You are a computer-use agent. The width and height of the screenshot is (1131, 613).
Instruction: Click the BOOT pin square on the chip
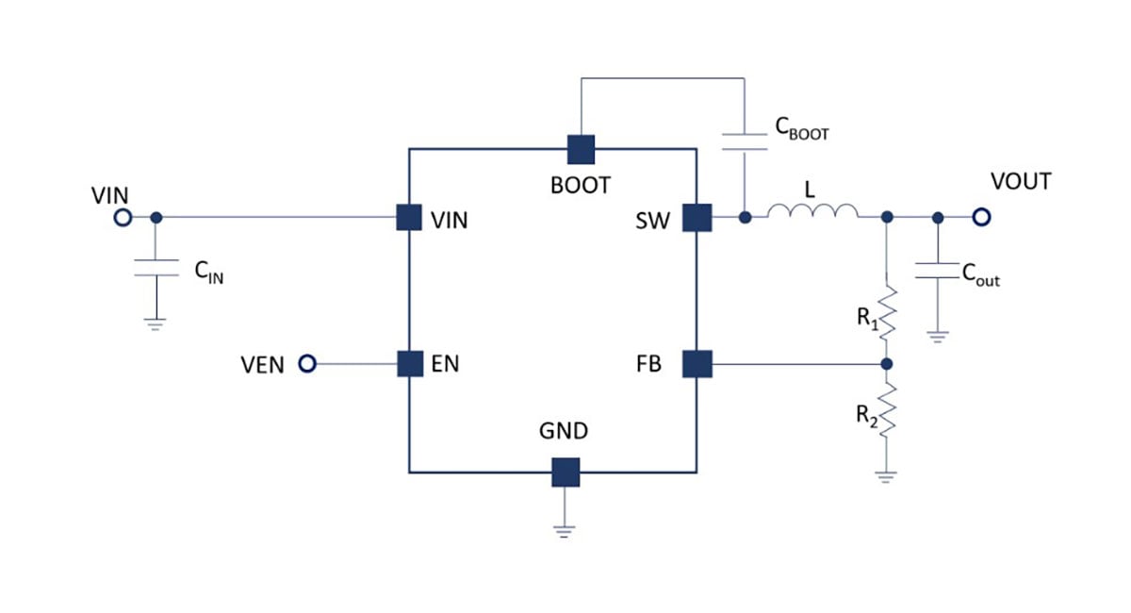click(581, 148)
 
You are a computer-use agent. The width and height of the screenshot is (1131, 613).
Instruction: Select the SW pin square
click(697, 218)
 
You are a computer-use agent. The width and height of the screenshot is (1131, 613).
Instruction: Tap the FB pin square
click(697, 364)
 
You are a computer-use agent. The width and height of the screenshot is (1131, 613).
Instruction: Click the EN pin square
click(409, 364)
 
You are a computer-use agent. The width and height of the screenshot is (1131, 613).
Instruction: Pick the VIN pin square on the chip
click(408, 218)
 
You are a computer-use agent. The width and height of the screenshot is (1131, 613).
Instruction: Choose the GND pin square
click(565, 472)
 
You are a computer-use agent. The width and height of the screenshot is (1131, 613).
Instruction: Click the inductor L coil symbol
click(811, 213)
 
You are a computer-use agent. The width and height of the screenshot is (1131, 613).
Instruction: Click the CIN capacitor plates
click(156, 269)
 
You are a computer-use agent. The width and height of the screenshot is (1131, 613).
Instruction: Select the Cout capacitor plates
click(937, 273)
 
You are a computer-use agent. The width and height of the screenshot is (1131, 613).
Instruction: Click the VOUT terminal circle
click(982, 218)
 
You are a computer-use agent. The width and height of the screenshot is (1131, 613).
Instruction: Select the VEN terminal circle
click(306, 364)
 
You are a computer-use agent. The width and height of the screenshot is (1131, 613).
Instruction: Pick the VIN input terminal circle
click(122, 218)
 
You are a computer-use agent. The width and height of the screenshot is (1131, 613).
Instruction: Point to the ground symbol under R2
click(886, 475)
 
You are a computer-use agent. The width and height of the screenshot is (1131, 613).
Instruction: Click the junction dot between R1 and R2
click(886, 364)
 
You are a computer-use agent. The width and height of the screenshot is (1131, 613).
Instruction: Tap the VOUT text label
click(1021, 182)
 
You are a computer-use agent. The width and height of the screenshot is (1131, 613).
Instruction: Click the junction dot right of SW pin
click(745, 218)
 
